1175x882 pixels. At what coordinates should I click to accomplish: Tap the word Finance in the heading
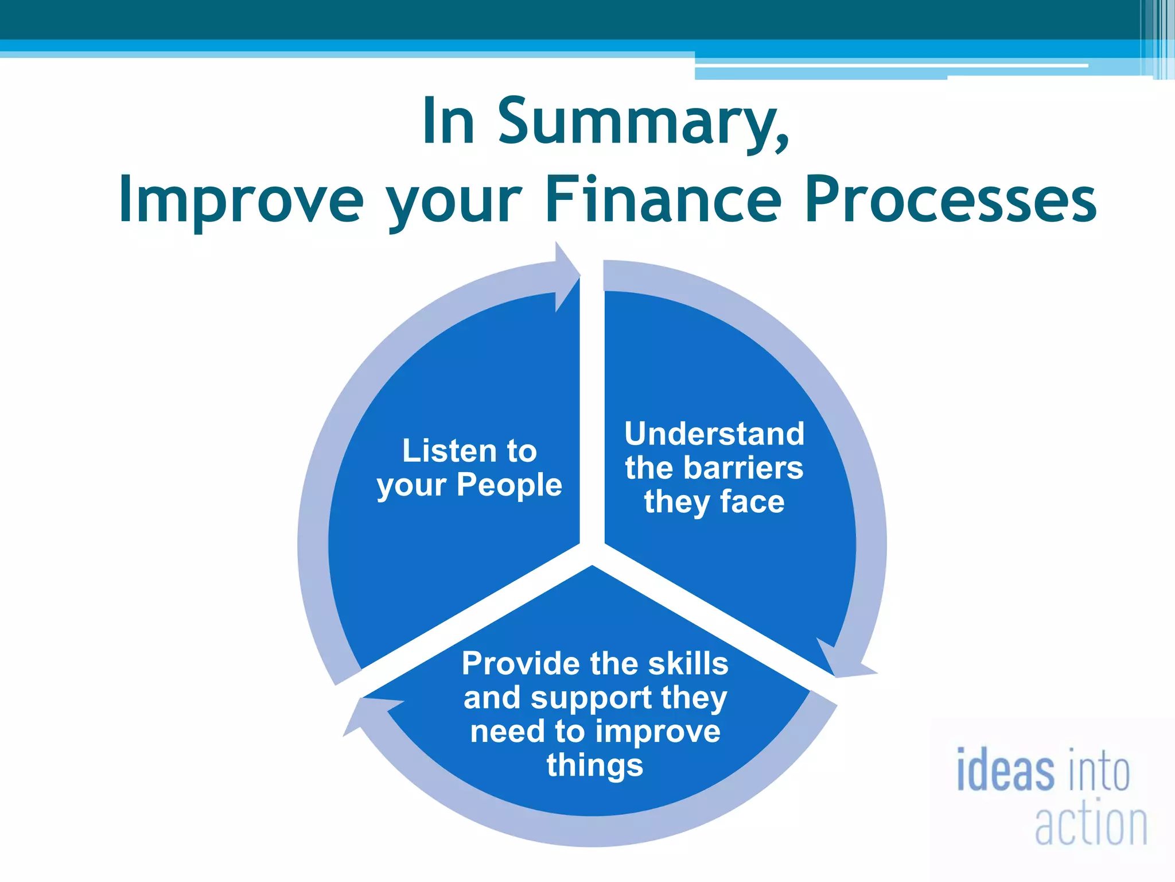tap(663, 199)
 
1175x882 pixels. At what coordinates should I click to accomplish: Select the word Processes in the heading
tap(951, 199)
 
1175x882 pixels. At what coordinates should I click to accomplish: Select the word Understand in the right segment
tap(714, 434)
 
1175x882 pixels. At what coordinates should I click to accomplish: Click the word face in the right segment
tap(752, 501)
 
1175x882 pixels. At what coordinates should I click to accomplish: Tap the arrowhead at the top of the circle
tap(567, 277)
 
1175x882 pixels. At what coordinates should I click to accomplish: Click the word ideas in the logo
tap(1005, 770)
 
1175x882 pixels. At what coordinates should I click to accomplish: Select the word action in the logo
tap(1091, 825)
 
